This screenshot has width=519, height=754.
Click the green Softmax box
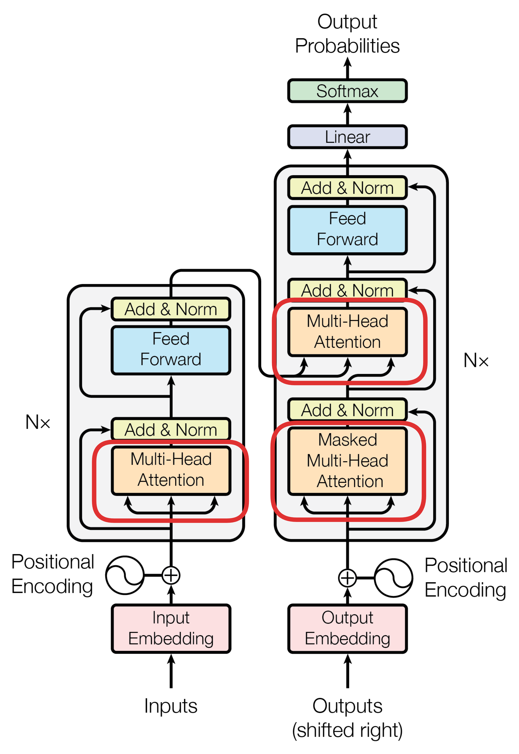point(347,91)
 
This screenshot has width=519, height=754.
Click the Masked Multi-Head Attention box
point(347,461)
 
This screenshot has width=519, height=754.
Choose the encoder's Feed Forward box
point(171,350)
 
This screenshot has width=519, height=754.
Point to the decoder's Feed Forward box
point(347,230)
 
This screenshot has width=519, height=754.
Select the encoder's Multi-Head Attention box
point(171,470)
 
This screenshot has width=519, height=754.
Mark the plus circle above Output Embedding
point(347,578)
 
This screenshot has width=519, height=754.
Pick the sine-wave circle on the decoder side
point(393,578)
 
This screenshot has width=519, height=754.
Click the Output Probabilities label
point(347,34)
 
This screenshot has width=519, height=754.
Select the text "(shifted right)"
point(347,730)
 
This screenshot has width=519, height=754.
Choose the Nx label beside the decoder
point(476,360)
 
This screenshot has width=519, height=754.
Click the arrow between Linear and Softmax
point(347,114)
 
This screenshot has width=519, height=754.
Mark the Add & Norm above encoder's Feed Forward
point(171,309)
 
